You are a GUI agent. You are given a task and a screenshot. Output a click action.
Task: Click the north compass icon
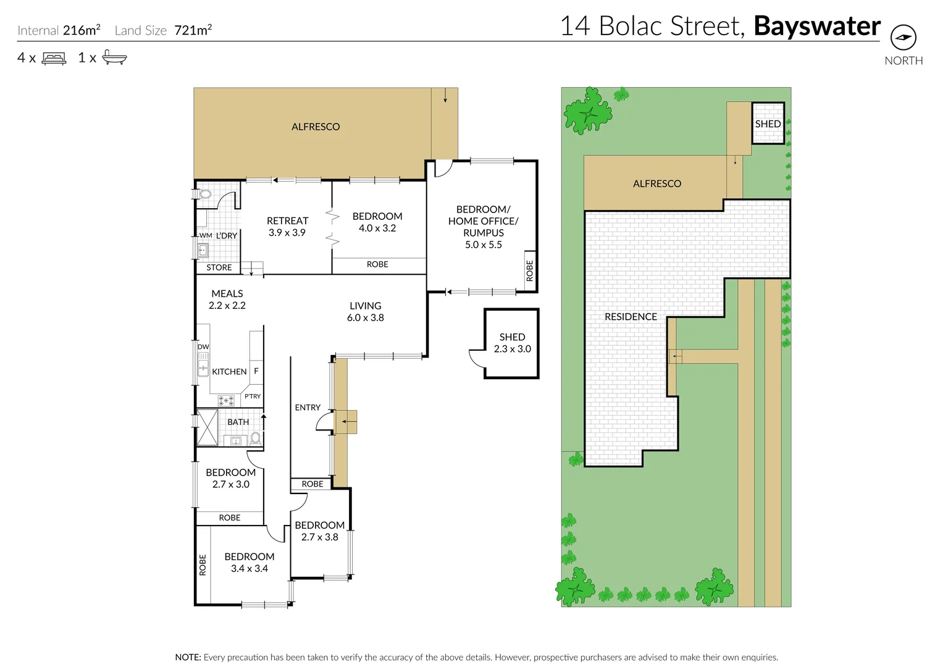(x=903, y=38)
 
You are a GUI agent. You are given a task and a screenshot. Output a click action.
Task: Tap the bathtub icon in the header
(x=114, y=58)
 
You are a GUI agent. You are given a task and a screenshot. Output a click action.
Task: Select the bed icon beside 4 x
(x=54, y=59)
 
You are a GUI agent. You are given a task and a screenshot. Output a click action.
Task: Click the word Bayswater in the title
(x=816, y=27)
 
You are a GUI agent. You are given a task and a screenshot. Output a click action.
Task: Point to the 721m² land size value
(x=193, y=30)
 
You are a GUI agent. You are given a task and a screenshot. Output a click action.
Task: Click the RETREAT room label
(x=287, y=220)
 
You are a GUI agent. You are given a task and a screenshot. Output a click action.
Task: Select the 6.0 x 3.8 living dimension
(x=365, y=317)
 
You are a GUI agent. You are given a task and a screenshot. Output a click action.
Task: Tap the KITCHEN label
(x=229, y=372)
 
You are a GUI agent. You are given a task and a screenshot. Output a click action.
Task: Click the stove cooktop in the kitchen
(x=226, y=400)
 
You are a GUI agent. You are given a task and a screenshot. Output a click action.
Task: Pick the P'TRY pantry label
(x=253, y=396)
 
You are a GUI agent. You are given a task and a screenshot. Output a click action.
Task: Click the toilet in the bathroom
(x=255, y=438)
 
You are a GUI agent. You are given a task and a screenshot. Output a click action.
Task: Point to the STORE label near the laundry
(x=219, y=267)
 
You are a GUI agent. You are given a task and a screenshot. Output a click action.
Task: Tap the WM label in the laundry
(x=206, y=235)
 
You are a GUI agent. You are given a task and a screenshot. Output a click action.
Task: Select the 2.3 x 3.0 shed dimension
(x=512, y=349)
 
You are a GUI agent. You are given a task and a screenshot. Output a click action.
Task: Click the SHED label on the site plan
(x=768, y=124)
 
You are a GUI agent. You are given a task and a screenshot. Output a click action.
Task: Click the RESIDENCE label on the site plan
(x=631, y=317)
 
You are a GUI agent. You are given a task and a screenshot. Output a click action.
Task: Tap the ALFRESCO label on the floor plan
(x=316, y=127)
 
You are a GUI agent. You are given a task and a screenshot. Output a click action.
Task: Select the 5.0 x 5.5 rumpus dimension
(x=483, y=245)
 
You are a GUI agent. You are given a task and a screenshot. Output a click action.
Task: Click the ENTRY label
(x=308, y=408)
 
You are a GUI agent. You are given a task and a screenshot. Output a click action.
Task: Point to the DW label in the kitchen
(x=203, y=347)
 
